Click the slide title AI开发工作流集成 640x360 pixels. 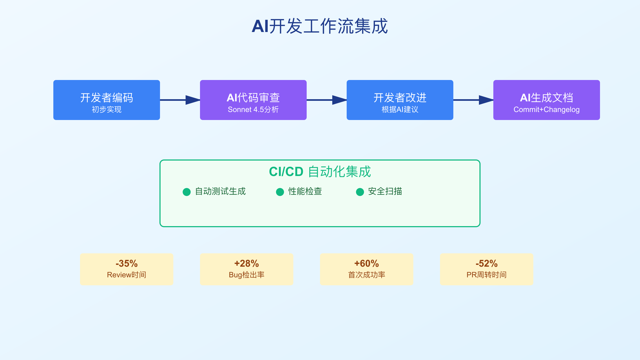(x=320, y=26)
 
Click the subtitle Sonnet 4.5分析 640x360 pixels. (x=253, y=110)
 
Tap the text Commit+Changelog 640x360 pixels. (x=546, y=110)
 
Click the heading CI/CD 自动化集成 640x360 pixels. (x=320, y=171)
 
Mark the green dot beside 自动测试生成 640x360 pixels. (x=187, y=192)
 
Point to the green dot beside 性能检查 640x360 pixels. (x=280, y=192)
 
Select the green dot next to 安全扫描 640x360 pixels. (x=360, y=192)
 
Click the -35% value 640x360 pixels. (x=127, y=263)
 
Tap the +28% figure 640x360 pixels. (x=247, y=263)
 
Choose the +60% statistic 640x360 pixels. (x=367, y=263)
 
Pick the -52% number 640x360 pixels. (x=487, y=263)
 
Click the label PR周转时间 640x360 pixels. (x=487, y=275)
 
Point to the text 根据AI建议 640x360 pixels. (x=400, y=110)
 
